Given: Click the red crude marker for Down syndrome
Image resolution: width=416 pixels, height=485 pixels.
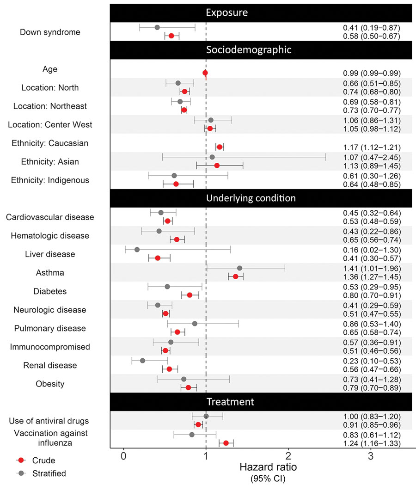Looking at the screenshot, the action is (171, 36).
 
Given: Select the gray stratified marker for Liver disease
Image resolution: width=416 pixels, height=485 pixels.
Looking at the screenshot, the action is (137, 250).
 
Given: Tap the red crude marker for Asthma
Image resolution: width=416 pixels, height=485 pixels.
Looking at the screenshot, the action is (236, 276).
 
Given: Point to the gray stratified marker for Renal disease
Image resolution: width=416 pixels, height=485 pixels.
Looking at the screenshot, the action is (142, 361).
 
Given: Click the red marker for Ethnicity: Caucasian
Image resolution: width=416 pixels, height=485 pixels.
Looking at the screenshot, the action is (220, 147).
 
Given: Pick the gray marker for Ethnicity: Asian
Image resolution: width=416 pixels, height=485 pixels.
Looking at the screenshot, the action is (212, 157).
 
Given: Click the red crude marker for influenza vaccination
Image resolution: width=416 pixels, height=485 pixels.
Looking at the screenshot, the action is (226, 443).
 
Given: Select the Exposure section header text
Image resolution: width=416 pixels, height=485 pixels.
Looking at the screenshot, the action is (226, 12).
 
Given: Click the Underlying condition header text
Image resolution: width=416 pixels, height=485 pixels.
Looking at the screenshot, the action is (251, 198).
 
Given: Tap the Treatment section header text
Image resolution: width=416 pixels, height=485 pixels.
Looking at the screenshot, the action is (231, 402).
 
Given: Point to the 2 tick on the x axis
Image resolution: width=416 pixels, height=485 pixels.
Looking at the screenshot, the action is (288, 456).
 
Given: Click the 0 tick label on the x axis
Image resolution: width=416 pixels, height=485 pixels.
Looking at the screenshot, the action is (123, 456).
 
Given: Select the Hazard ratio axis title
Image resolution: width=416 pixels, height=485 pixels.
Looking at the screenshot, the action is (268, 467).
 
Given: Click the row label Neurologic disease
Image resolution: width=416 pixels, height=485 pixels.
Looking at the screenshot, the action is (50, 310).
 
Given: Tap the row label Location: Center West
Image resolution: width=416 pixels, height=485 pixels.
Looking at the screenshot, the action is (50, 124).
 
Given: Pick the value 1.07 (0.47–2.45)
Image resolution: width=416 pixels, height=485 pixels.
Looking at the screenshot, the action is (372, 158).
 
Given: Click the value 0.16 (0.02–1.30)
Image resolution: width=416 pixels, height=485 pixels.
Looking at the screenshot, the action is (372, 250).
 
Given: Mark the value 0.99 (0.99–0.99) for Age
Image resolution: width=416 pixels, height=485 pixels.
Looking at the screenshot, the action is (372, 74).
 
